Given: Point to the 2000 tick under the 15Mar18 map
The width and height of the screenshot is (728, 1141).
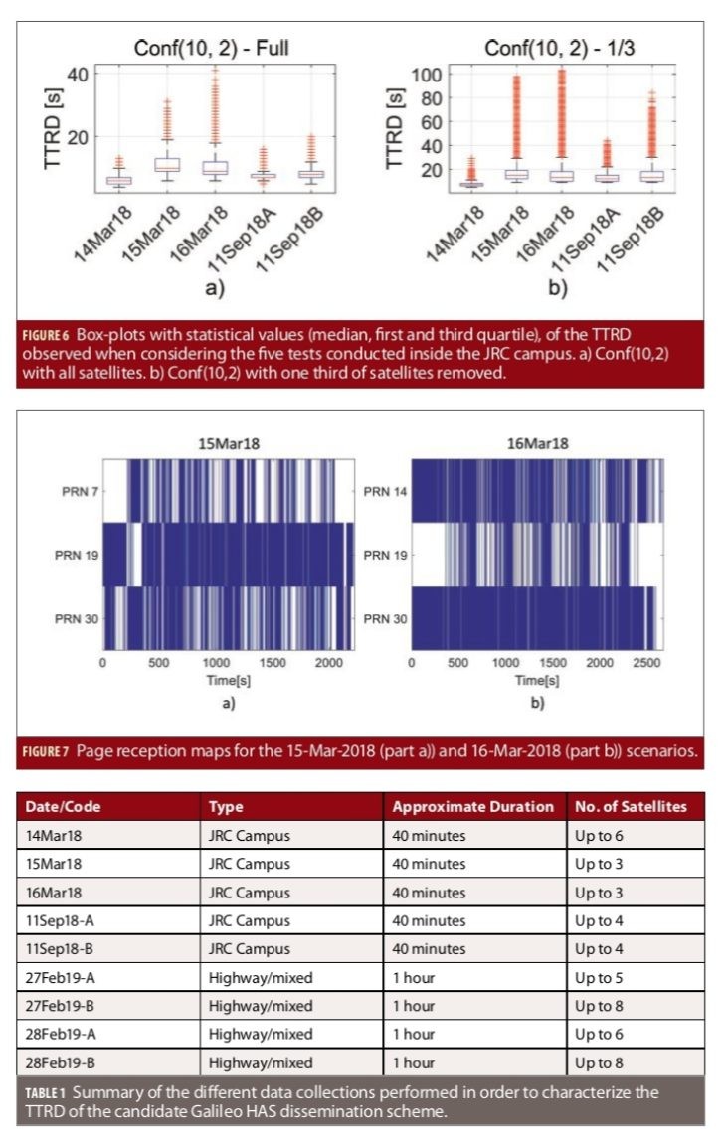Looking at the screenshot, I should (327, 662).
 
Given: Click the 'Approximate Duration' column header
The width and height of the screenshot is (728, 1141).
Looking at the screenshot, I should (472, 806).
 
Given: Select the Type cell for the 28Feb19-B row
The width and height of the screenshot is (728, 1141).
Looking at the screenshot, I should (261, 1062).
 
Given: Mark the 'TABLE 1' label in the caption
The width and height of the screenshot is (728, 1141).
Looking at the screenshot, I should (49, 1093).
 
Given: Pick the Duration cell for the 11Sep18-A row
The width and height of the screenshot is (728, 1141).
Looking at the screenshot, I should (429, 920).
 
